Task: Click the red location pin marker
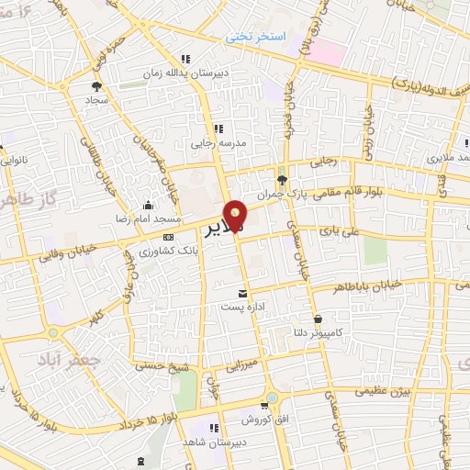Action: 236,216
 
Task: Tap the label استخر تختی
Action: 258,37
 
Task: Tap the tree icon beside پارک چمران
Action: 281,180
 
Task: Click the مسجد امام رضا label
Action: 119,220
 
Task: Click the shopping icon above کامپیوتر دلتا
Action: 317,319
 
